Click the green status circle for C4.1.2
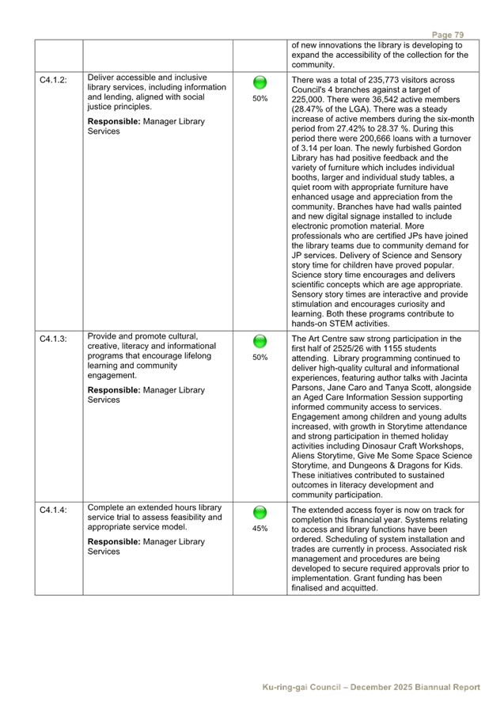pos(260,83)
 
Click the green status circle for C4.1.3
pos(260,342)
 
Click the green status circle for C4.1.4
pos(260,513)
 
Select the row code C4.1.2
pos(53,81)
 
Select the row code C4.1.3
pos(53,339)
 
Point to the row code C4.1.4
pos(53,510)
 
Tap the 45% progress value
pos(260,529)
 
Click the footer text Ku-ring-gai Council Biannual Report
pos(372,687)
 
